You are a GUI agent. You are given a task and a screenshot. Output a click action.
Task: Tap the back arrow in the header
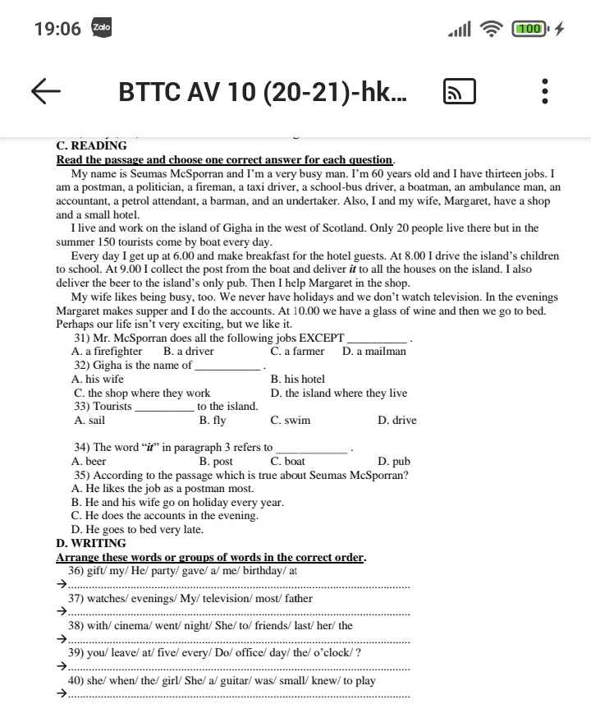pyautogui.click(x=47, y=92)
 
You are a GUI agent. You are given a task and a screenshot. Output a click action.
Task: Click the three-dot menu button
pyautogui.click(x=545, y=92)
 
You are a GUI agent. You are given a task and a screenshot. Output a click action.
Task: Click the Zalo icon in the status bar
pyautogui.click(x=101, y=28)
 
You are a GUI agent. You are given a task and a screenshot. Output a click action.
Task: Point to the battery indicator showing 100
pyautogui.click(x=530, y=29)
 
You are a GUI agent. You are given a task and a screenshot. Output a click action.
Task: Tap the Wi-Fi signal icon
pyautogui.click(x=492, y=29)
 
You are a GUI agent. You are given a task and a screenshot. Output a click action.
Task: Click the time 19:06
pyautogui.click(x=57, y=29)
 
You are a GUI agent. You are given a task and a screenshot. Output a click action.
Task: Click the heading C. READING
pyautogui.click(x=91, y=146)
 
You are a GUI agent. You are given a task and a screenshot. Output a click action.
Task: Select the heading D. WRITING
pyautogui.click(x=91, y=543)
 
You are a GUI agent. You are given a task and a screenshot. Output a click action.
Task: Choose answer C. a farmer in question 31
pyautogui.click(x=297, y=352)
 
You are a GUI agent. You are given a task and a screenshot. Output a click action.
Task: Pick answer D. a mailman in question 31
pyautogui.click(x=374, y=352)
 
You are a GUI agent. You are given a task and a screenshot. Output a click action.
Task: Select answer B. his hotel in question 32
pyautogui.click(x=297, y=380)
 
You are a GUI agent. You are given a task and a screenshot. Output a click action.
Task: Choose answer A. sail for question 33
pyautogui.click(x=89, y=421)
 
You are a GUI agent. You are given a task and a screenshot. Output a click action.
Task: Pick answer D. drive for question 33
pyautogui.click(x=396, y=421)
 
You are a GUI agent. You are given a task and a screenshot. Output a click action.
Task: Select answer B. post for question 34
pyautogui.click(x=216, y=462)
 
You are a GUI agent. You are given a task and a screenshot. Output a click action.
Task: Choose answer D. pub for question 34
pyautogui.click(x=394, y=462)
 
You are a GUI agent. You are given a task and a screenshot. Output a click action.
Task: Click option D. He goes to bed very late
pyautogui.click(x=137, y=530)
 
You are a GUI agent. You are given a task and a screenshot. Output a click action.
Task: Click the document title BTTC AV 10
pyautogui.click(x=262, y=92)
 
